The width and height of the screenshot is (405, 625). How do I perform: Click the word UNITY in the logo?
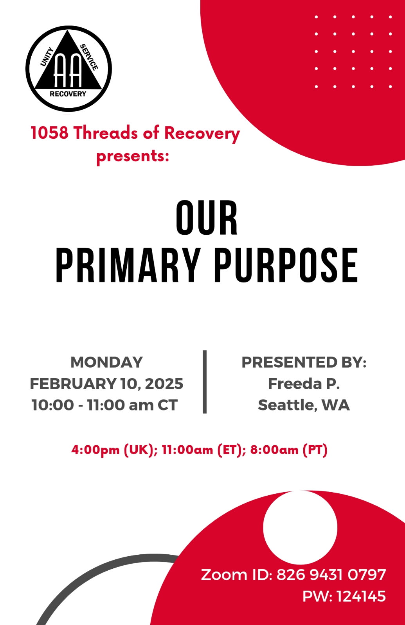point(47,57)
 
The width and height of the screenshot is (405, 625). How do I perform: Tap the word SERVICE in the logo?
point(89,57)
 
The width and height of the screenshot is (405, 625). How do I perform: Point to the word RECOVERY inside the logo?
point(68,94)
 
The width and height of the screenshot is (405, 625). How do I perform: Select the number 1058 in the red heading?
point(49,133)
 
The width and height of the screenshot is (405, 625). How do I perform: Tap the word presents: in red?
point(133,156)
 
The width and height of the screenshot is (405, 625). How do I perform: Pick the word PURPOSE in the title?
point(286,265)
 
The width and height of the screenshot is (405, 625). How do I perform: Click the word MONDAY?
point(106,362)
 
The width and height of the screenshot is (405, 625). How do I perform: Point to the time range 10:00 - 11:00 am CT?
point(104,405)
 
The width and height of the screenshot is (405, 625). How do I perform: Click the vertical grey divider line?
point(205,382)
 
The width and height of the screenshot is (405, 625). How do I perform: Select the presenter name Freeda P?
point(304,384)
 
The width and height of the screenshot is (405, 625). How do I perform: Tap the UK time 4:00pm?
point(95,450)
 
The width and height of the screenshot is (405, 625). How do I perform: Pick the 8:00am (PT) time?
point(289,450)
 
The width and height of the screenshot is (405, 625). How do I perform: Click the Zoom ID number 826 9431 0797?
point(331,575)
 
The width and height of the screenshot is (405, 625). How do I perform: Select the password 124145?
point(361,596)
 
